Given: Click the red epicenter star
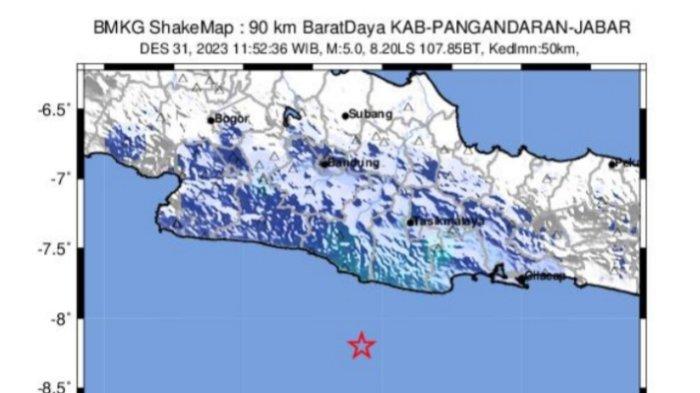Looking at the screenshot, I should [x=362, y=346].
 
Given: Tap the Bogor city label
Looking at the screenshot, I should [x=231, y=119].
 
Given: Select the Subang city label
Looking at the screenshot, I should [x=371, y=115].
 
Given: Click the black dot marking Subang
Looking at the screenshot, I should [x=346, y=115].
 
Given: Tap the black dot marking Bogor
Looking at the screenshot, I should [x=212, y=120].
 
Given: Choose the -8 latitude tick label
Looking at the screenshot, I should [x=64, y=318].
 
